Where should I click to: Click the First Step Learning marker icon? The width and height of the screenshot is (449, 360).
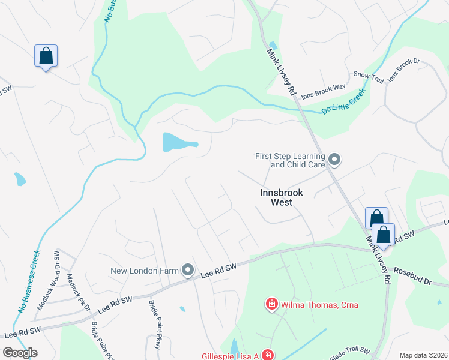[335, 160]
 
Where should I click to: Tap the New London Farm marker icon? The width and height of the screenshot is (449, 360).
[188, 271]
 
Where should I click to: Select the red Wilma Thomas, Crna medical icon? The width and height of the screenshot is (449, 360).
[271, 305]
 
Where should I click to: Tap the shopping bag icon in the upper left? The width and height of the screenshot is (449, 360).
[46, 56]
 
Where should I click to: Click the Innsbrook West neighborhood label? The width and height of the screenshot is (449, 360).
[282, 197]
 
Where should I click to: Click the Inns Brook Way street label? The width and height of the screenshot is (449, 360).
[324, 91]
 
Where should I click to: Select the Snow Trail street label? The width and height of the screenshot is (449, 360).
[368, 77]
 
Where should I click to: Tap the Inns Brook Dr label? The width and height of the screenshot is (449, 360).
[402, 70]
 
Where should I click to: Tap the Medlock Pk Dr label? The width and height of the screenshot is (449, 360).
[79, 292]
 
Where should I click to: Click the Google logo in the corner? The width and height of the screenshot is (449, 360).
[20, 353]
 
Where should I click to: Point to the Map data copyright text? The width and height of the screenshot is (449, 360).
[423, 355]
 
